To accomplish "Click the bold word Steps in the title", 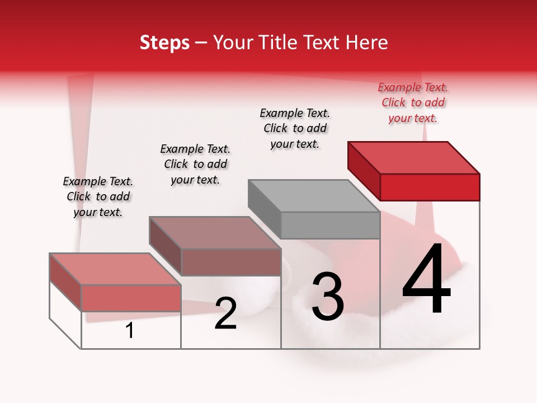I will click(164, 43).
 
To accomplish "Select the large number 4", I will click(426, 280).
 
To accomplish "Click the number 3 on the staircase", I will click(328, 297).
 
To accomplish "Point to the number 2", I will click(225, 313).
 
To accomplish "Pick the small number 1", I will click(130, 330).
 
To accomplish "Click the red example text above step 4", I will click(413, 102).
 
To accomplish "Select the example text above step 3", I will click(295, 128).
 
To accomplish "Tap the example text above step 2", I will click(195, 164).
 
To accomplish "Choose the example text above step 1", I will click(98, 196).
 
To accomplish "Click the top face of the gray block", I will click(313, 196).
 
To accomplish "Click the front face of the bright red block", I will click(430, 187).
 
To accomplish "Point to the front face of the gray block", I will click(330, 225).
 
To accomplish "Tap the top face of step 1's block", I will click(115, 269).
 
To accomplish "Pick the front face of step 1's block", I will click(131, 298).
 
